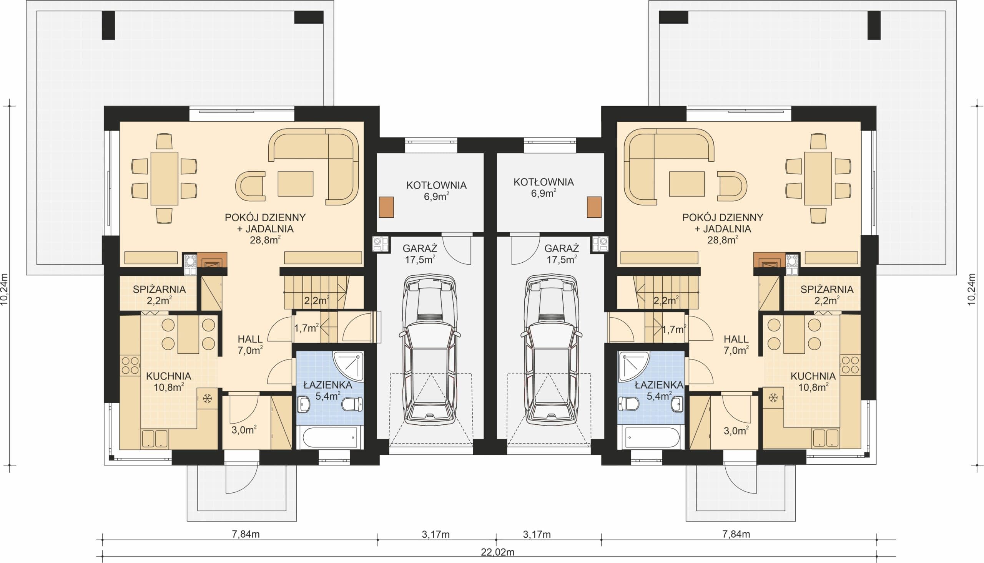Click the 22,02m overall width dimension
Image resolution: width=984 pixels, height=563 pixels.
point(498,552)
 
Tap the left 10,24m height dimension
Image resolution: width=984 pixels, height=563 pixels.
point(4,290)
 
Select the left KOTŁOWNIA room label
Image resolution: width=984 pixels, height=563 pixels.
point(436,185)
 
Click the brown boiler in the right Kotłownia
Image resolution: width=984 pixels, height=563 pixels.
point(594,207)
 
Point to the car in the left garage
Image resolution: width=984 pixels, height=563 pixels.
point(429,349)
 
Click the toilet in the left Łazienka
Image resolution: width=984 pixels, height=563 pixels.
point(352,404)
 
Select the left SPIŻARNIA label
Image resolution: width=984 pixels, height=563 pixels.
point(159,289)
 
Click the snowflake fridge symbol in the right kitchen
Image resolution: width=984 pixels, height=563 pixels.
point(773,397)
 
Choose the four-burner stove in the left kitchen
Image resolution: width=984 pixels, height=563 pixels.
point(130,365)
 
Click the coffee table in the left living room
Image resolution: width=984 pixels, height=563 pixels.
point(295,184)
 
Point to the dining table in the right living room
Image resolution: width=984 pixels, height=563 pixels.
point(818,178)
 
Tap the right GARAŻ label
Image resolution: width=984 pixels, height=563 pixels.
point(562,248)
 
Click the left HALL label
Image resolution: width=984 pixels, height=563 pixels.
point(250,339)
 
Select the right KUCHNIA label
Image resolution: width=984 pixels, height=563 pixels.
point(813,376)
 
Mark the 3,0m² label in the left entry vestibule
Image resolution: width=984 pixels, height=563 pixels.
point(244,430)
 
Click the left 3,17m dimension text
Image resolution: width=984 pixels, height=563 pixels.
point(436,534)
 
